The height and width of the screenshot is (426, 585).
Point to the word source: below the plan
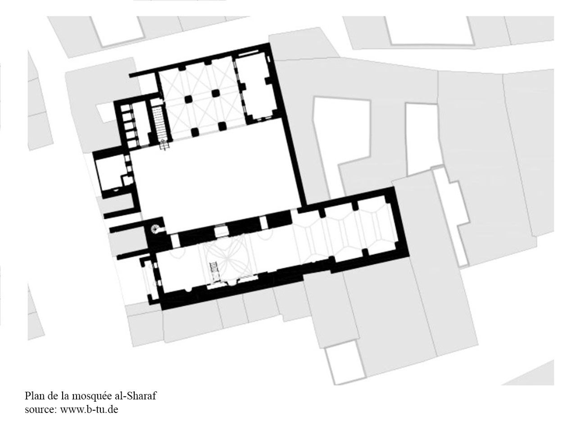(41, 409)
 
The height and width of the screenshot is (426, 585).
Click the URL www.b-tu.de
(89, 409)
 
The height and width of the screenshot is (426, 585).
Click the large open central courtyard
(217, 175)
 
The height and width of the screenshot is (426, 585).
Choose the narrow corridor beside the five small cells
(140, 124)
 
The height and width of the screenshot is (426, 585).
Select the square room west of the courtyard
(110, 173)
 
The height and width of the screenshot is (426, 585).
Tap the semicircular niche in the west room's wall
(116, 190)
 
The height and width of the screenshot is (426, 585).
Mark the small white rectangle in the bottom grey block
(345, 366)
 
